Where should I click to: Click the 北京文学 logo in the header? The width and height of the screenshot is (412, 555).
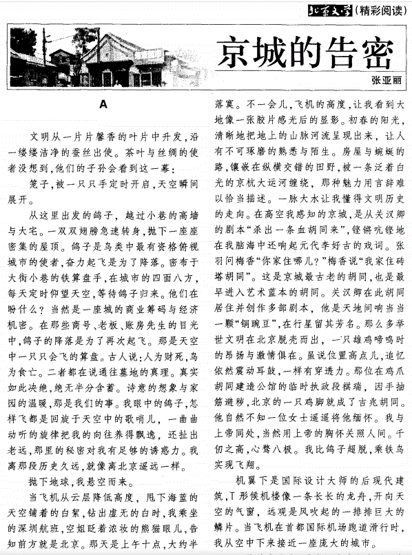(330, 9)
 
